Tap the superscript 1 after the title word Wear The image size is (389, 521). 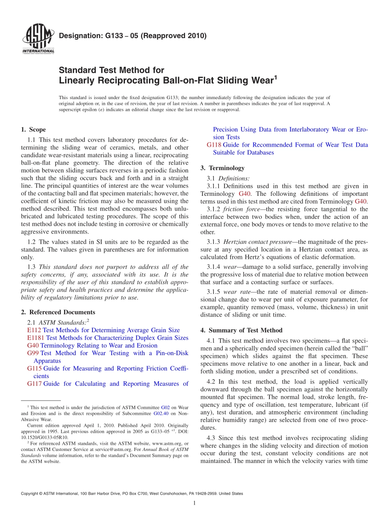coord(276,77)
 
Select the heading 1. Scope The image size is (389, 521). coord(33,130)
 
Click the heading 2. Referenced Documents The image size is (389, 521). coord(58,312)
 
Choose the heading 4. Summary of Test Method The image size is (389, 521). coord(242,330)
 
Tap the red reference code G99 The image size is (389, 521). coord(33,353)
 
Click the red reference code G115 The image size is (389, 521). coord(34,369)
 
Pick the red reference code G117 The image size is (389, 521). coord(34,384)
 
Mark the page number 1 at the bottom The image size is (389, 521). coord(194,503)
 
